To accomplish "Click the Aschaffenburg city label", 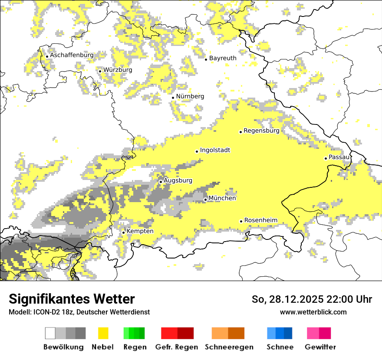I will [72, 56].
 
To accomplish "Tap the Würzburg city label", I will [118, 70].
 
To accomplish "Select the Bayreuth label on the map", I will [223, 58].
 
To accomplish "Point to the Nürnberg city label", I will [190, 96].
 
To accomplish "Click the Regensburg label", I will [261, 131].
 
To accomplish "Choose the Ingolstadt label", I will [215, 150].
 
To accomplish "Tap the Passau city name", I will [339, 157].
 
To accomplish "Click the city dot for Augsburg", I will [161, 182].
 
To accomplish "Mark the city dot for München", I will [205, 200].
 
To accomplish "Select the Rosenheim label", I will [260, 220].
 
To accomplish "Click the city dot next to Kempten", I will [123, 232].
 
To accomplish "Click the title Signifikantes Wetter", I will [72, 299].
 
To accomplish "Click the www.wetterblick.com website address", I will [313, 312].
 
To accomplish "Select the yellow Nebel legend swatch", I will [103, 333].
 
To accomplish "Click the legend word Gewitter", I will [320, 347].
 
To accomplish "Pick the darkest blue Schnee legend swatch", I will [288, 333].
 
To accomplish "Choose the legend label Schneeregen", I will [229, 347].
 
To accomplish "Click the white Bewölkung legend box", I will [50, 333].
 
